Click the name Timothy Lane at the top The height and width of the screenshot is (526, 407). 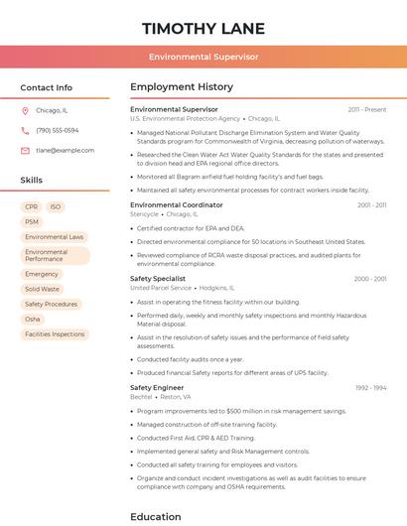203,27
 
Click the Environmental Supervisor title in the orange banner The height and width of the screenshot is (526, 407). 203,58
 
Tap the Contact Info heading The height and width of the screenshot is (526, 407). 47,87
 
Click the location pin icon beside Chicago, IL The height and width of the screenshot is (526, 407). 25,110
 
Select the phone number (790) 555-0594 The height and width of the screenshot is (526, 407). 57,130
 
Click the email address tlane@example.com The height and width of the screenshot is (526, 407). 66,150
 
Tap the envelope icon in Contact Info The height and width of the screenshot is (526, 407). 25,150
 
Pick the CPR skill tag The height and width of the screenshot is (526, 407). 32,206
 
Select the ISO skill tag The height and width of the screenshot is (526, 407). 56,206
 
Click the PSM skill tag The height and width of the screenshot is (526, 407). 32,221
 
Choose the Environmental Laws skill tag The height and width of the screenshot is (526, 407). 55,237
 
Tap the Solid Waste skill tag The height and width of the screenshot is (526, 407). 42,289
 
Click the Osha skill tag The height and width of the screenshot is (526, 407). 33,319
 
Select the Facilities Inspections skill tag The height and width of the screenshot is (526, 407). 55,334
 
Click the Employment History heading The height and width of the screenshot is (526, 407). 182,87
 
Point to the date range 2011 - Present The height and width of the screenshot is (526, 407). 367,109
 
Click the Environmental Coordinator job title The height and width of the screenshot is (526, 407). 177,204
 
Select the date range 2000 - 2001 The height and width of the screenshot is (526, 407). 370,279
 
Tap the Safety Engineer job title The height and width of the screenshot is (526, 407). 157,387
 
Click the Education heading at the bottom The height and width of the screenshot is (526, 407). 156,516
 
